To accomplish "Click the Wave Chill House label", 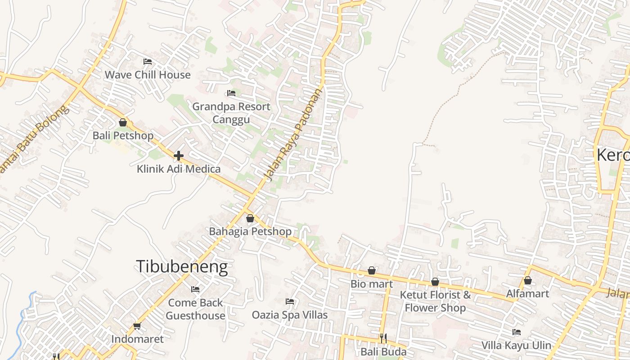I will click(148, 75).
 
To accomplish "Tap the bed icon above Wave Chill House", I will click(148, 62).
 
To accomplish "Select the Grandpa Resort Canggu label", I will click(231, 113).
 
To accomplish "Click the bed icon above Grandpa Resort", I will click(231, 94).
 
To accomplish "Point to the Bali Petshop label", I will click(123, 135).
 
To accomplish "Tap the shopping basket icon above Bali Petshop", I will click(123, 122).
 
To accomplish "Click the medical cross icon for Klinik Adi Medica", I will click(179, 156).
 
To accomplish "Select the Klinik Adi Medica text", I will click(179, 169).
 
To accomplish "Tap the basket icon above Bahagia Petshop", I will click(250, 218).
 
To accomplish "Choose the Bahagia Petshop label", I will click(250, 232).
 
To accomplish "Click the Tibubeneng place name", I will click(182, 267).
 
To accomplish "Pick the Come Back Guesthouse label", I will click(195, 309).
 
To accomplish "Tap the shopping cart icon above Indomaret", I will click(137, 326).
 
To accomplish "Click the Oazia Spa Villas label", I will click(290, 315).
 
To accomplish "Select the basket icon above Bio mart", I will click(372, 270).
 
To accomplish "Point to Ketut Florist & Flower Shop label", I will click(435, 301).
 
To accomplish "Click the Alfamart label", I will click(528, 294).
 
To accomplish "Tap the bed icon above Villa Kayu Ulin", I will click(517, 332).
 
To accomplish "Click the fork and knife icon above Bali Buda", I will click(383, 338).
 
